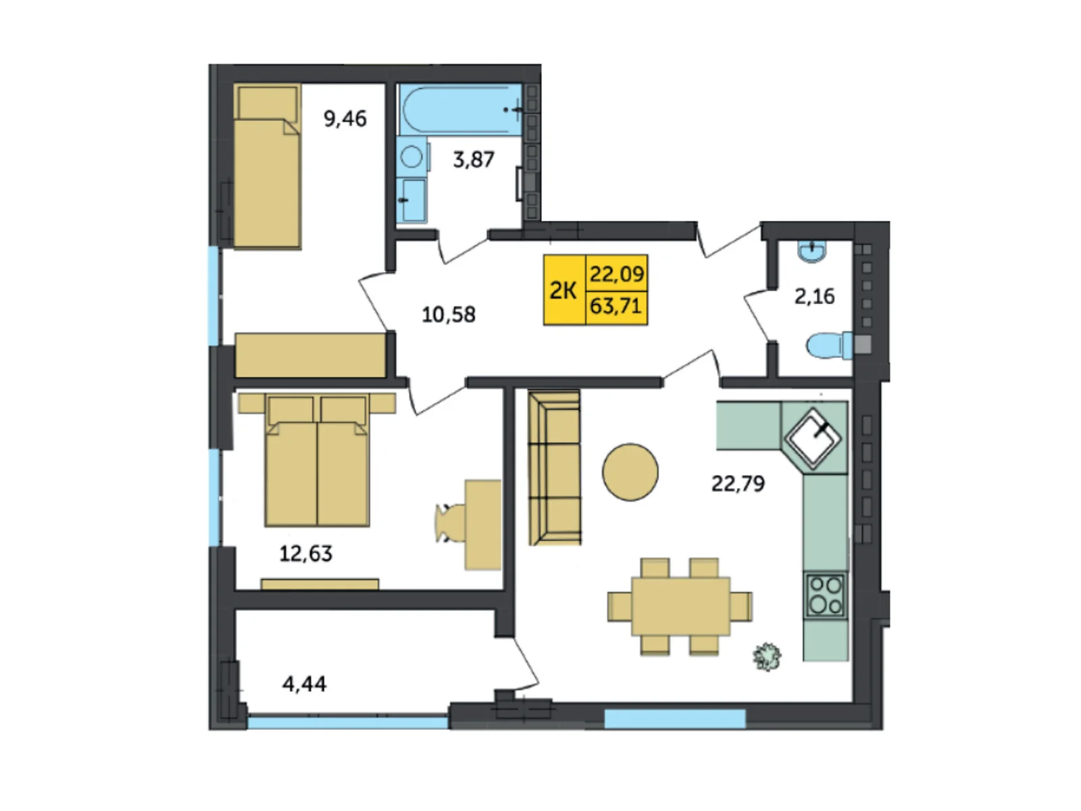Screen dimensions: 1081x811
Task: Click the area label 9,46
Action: tap(345, 119)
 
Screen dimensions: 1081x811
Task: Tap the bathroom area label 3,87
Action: tap(474, 159)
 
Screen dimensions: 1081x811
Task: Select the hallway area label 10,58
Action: tap(448, 314)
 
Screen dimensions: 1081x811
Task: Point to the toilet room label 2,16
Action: tap(814, 297)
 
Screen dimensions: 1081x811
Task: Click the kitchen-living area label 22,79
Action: tap(738, 483)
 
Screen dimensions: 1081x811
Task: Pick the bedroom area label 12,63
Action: tap(306, 554)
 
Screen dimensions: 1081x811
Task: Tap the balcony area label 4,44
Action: tap(304, 683)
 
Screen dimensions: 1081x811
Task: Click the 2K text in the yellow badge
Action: tap(562, 291)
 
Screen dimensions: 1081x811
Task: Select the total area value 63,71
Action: tap(615, 306)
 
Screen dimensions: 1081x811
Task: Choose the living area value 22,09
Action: tap(617, 273)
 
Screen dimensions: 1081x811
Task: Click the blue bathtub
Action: tap(461, 109)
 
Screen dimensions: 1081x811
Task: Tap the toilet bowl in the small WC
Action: tap(829, 345)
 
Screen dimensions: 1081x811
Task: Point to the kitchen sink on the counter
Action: tap(813, 437)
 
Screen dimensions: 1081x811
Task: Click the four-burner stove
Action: tap(826, 595)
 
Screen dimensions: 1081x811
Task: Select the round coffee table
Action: tap(630, 472)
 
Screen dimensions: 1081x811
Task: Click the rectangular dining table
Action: tap(680, 606)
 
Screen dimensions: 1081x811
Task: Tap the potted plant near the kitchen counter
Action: tap(767, 656)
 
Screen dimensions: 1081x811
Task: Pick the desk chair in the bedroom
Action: tap(449, 523)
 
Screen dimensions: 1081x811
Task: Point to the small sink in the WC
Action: tap(812, 251)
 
